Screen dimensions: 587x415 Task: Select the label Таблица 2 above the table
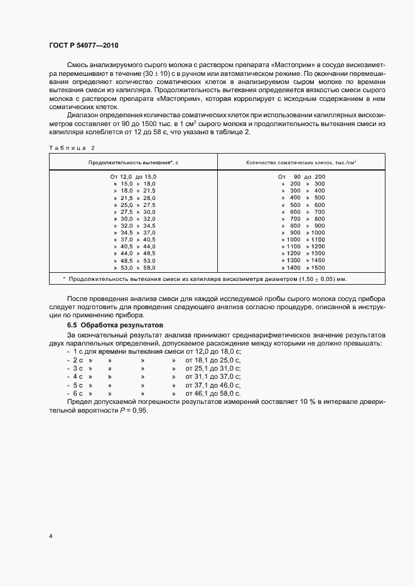71,147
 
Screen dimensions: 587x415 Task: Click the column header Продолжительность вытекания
133,162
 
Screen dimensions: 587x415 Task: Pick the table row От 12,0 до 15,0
133,177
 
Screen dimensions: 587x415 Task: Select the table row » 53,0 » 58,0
133,267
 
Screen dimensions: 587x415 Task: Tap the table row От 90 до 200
301,177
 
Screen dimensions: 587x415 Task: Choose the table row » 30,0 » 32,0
133,218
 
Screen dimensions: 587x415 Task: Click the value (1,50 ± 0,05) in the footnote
314,278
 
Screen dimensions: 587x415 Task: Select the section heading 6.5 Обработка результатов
115,326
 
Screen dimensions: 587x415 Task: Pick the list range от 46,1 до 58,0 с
213,393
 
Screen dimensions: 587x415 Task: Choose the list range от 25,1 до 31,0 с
213,369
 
